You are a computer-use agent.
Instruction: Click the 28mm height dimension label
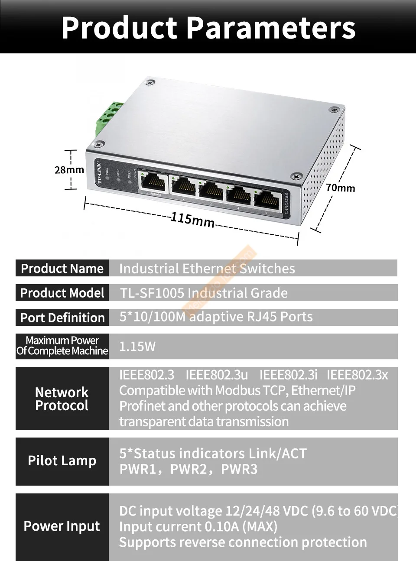click(x=69, y=170)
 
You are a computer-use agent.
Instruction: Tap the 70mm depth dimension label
click(x=341, y=188)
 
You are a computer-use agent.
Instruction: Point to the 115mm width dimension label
click(x=192, y=219)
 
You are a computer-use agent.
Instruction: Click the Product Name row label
click(x=62, y=269)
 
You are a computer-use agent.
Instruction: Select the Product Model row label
click(x=62, y=293)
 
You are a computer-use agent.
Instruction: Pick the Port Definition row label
click(x=62, y=318)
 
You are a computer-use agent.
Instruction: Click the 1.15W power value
click(x=137, y=347)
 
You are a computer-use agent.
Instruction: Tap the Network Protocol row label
click(x=62, y=399)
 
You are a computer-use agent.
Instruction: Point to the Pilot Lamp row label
click(x=62, y=460)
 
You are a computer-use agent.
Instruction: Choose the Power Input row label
click(x=62, y=526)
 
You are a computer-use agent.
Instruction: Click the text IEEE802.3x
click(x=357, y=375)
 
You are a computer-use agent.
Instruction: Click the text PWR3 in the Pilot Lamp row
click(x=239, y=469)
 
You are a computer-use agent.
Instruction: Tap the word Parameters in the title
click(x=272, y=27)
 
